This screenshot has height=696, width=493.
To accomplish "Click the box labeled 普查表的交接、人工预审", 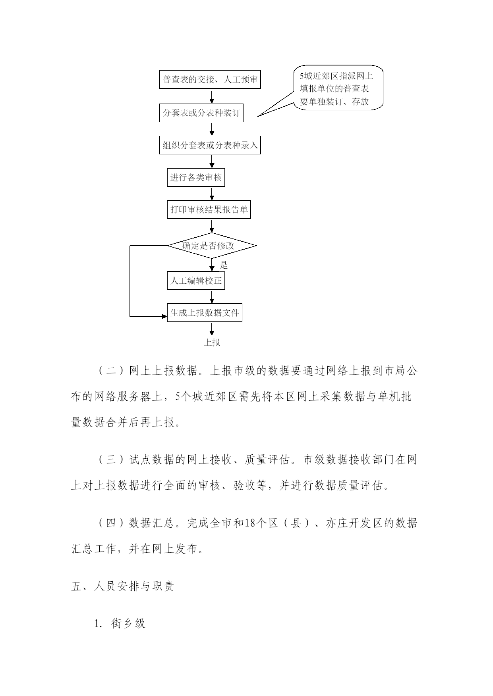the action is [210, 80].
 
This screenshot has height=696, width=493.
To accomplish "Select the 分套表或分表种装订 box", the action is [201, 113].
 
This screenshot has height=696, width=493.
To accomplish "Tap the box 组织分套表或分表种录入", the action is [210, 145].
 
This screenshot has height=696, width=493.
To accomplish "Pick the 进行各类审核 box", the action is [196, 177].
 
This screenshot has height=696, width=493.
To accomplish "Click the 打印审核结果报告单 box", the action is [209, 210].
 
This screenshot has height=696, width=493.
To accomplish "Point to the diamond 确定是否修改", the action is [212, 246].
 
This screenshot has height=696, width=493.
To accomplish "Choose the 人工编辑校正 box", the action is [196, 281].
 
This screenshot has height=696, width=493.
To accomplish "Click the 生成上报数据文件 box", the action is [205, 313].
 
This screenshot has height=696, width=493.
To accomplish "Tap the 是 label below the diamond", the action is [224, 265].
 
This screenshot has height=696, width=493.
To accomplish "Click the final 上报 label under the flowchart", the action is [212, 342].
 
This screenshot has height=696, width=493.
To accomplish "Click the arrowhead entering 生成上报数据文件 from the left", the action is [164, 317].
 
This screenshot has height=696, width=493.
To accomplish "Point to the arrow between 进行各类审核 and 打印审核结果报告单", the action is [212, 193].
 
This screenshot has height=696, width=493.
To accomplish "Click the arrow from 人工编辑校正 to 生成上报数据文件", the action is [212, 297].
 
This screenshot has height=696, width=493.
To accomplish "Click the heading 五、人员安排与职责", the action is [122, 587].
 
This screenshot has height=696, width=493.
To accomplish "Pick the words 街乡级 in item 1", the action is [128, 623].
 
